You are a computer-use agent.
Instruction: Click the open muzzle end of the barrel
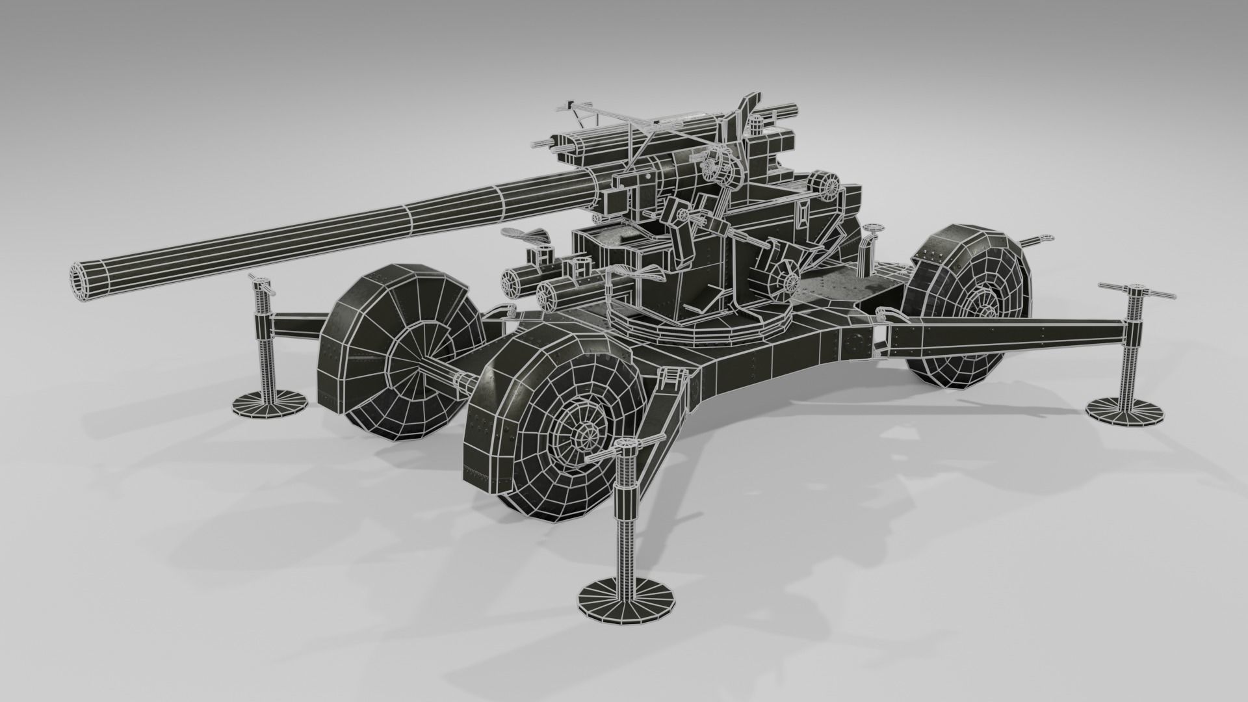coord(83,283)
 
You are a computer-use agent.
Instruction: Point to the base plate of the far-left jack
coord(271,401)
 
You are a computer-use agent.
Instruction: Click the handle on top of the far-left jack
coord(261,283)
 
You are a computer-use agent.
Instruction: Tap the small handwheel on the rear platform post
coord(873,229)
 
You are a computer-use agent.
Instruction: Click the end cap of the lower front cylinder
coord(551,295)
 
